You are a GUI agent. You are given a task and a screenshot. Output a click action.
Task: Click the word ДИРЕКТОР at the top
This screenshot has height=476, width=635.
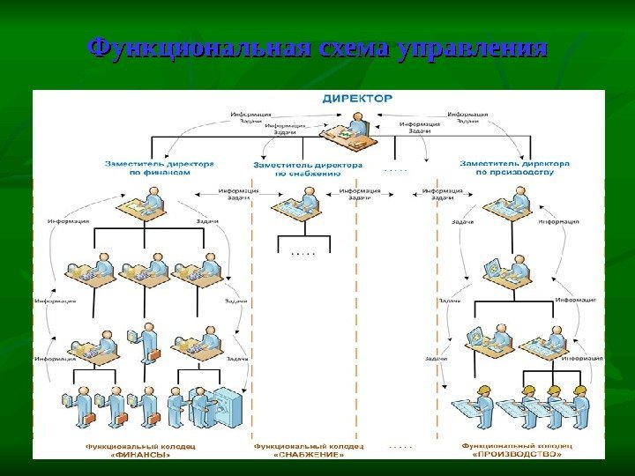(x=357, y=99)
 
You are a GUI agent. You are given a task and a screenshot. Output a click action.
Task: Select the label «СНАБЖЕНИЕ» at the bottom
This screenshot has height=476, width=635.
(x=307, y=455)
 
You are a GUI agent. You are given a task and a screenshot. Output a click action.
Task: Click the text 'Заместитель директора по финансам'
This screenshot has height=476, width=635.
(x=159, y=168)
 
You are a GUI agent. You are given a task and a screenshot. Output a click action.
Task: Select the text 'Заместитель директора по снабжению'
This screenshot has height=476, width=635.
(x=307, y=168)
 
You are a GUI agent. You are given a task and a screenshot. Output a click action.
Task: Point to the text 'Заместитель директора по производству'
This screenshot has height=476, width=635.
(x=516, y=167)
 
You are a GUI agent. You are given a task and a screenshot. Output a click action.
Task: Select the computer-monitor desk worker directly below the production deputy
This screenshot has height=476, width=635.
(x=494, y=273)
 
